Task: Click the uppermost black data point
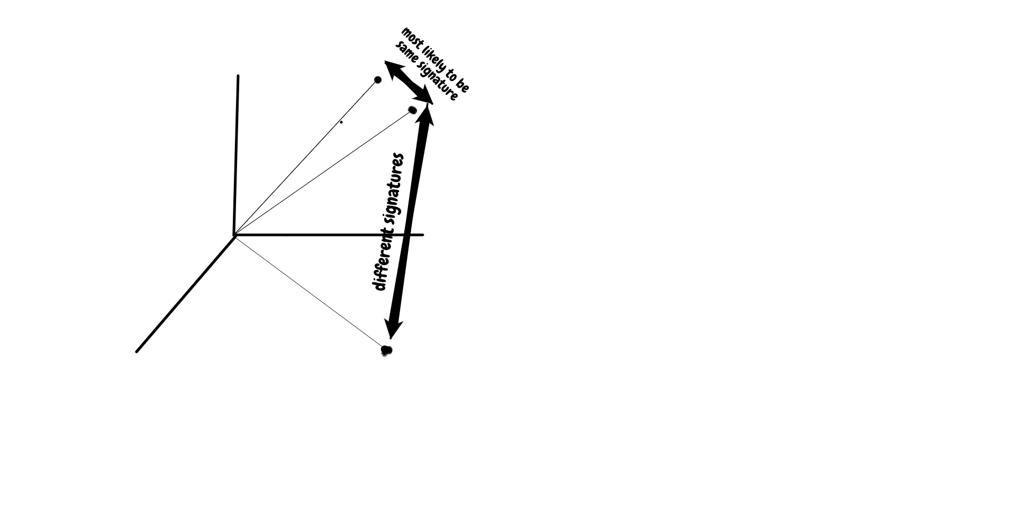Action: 378,80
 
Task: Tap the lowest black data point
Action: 387,350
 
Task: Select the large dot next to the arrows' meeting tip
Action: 413,110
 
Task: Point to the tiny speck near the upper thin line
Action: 341,122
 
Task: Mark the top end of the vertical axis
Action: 238,76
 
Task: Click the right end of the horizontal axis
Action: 423,234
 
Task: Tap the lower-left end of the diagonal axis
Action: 137,351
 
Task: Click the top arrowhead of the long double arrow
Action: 427,114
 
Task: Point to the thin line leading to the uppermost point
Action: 306,158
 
